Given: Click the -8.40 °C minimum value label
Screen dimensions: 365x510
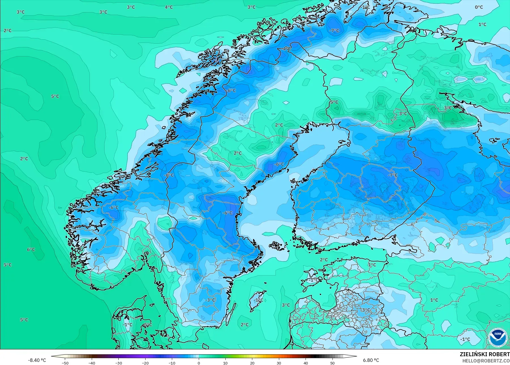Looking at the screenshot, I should [x=37, y=360].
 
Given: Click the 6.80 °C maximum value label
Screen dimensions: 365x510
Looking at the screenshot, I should [x=371, y=360].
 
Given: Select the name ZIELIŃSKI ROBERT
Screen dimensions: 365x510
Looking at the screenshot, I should [x=485, y=355].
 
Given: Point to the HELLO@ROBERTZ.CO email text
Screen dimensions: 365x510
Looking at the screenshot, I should [x=486, y=361].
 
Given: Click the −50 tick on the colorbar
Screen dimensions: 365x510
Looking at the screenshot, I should [x=65, y=363].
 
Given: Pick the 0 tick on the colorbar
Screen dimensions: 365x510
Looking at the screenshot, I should [x=199, y=363].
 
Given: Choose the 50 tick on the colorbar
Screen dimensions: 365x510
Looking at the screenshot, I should [x=332, y=363].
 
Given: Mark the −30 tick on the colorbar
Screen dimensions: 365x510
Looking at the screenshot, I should [x=119, y=363].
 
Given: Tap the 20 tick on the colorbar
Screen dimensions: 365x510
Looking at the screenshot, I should [x=252, y=363].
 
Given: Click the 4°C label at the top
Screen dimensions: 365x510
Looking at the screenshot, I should [x=169, y=7].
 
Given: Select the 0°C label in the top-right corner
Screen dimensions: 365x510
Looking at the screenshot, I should [x=479, y=7].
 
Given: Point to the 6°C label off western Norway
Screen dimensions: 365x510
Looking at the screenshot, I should [x=31, y=250].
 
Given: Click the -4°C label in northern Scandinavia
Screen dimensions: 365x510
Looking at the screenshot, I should [x=286, y=49].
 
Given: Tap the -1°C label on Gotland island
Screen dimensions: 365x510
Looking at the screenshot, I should [x=258, y=300].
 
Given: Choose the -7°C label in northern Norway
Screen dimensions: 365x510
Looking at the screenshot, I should [x=334, y=31].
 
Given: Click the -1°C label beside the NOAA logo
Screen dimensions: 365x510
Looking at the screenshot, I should [x=465, y=339].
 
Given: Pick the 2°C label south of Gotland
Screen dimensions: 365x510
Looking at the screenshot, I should [x=245, y=325].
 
